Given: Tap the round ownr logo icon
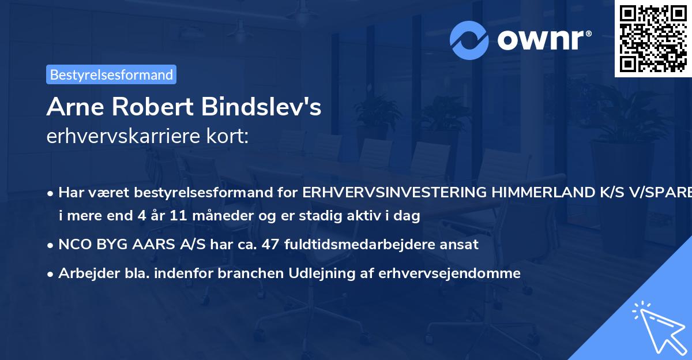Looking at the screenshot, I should (x=469, y=40).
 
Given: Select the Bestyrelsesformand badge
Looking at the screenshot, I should (x=111, y=74).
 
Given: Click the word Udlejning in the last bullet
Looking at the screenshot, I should (x=317, y=273).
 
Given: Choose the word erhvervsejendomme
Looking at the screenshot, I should (x=450, y=273).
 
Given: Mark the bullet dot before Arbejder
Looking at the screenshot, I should (x=51, y=273).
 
